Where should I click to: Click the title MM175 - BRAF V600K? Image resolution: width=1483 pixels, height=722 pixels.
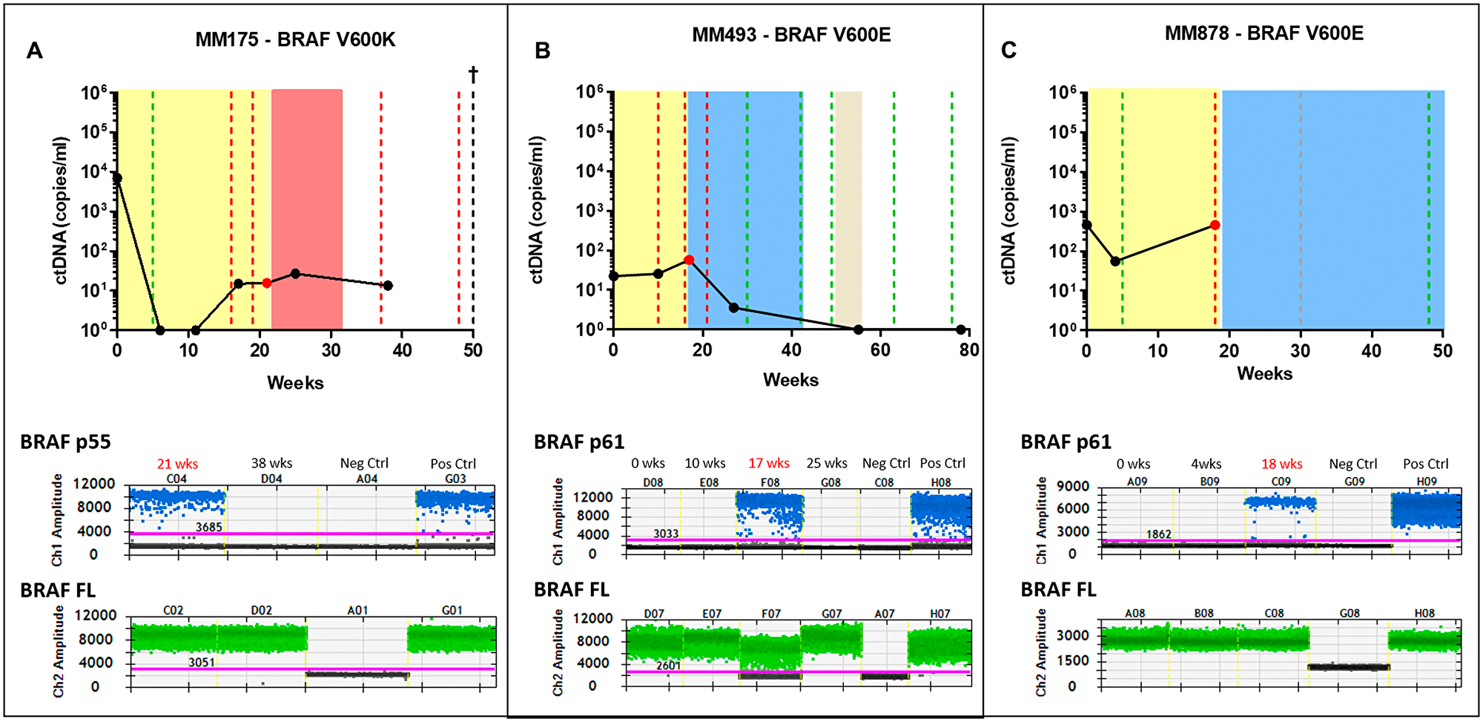coord(295,39)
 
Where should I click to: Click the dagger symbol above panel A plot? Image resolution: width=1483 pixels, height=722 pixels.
coord(473,74)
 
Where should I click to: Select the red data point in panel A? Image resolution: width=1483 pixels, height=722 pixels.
coord(267,283)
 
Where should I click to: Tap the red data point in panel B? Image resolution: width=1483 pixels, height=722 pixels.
coord(689,260)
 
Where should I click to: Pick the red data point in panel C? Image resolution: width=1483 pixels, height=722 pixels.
coord(1215,225)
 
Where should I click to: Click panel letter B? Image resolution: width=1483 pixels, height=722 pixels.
coord(542,50)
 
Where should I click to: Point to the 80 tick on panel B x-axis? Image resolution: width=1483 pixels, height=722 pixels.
coord(969,349)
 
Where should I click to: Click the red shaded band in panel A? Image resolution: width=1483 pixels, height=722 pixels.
coord(307,208)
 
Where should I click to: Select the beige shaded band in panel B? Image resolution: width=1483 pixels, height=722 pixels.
coord(849,208)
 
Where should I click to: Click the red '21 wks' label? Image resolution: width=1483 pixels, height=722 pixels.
coord(177,464)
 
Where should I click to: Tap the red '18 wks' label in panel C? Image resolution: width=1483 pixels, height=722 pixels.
coord(1281,464)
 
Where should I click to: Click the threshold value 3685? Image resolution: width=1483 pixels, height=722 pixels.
coord(208,527)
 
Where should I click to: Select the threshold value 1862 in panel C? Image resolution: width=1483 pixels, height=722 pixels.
coord(1158,534)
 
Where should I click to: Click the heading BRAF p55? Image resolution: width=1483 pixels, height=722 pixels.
coord(65,442)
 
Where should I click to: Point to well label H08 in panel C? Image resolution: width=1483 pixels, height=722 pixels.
coord(1424,613)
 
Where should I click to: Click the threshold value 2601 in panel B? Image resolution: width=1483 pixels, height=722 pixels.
coord(667,666)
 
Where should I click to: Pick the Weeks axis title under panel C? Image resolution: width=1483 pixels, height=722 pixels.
coord(1264,373)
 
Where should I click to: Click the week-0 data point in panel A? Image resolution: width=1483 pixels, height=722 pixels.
coord(117,178)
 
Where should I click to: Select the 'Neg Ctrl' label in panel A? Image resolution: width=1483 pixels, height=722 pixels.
coord(364,463)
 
